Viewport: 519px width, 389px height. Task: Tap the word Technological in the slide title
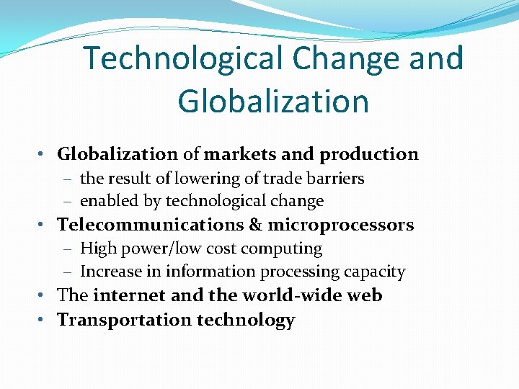point(180,58)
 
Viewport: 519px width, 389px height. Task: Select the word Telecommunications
point(150,225)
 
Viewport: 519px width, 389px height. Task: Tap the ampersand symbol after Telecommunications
point(255,225)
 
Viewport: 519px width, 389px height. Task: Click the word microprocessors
point(341,225)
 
